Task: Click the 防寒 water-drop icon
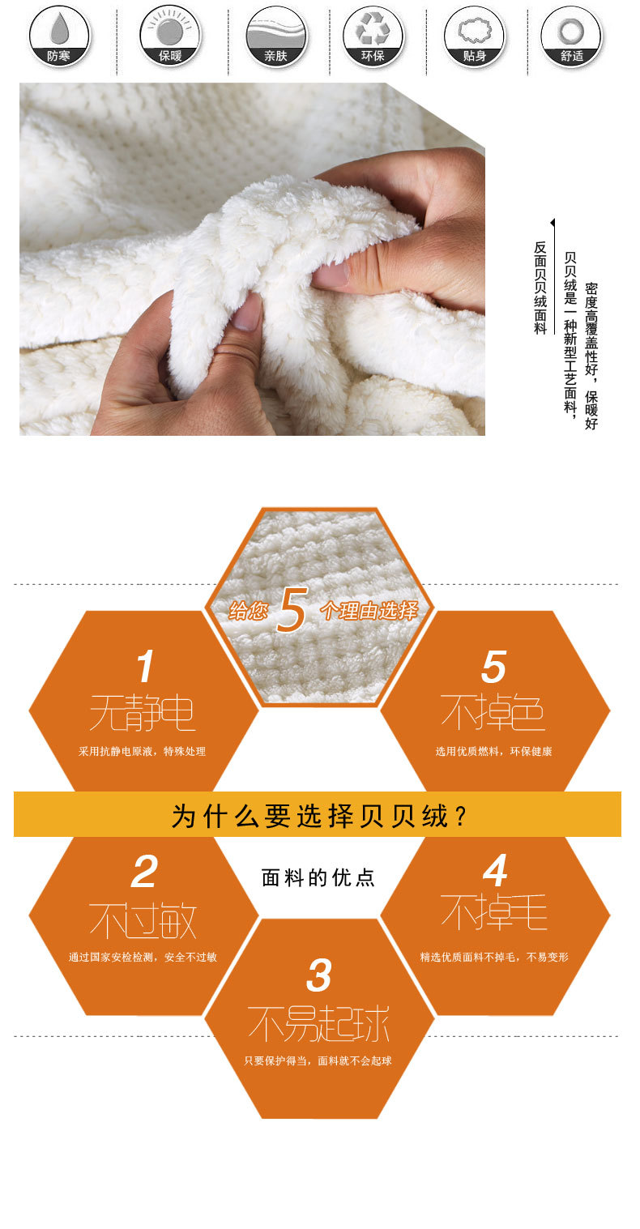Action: pos(58,36)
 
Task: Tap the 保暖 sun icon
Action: pos(170,36)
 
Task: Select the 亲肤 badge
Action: pos(276,36)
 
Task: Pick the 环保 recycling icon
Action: pos(373,36)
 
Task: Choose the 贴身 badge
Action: pos(475,36)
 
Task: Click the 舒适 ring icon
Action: pos(571,36)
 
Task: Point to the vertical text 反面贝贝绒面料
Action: pos(540,288)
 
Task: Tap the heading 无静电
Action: pos(142,713)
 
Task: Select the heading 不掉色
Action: pos(493,712)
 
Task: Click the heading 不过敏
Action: pos(143,921)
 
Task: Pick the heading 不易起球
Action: pos(318,1024)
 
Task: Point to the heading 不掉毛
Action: pos(494,912)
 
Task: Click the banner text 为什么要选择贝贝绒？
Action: pos(318,816)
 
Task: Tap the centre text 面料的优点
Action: pos(318,878)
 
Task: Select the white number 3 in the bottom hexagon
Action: pos(319,975)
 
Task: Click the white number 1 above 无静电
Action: pos(145,667)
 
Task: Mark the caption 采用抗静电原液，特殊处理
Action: pos(142,751)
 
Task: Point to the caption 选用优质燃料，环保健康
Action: pos(493,751)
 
